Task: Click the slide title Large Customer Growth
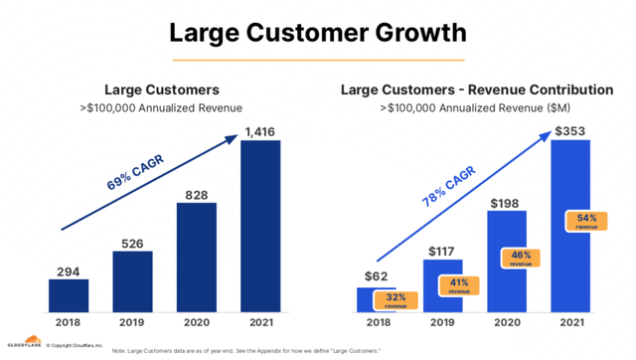(x=317, y=32)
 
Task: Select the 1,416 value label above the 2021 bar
(x=261, y=130)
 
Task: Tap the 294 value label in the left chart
(x=69, y=270)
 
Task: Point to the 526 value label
(x=132, y=241)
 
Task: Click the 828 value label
(x=197, y=194)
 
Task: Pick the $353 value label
(x=569, y=129)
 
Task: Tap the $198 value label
(x=506, y=204)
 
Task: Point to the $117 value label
(x=441, y=252)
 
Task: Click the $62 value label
(x=378, y=275)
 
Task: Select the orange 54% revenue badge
(x=585, y=220)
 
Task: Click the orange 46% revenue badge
(x=521, y=259)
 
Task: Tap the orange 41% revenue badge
(x=457, y=285)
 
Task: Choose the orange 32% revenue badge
(x=394, y=300)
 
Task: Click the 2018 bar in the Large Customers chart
(x=69, y=295)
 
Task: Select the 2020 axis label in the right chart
(x=505, y=323)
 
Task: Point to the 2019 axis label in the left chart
(x=132, y=323)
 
